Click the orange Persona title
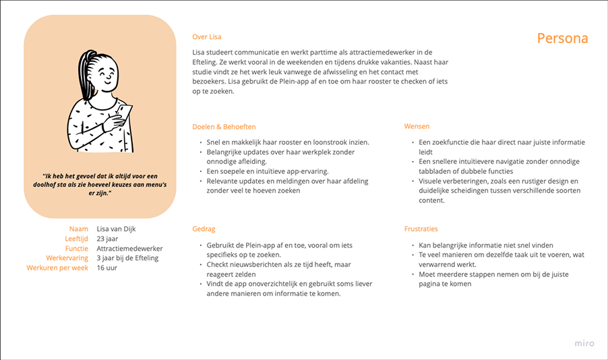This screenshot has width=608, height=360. coord(562,38)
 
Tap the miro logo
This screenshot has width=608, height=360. coord(584,343)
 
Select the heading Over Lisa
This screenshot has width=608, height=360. coord(206,37)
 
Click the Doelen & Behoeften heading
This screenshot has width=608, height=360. coord(224,127)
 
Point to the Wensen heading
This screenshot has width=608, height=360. coord(417,127)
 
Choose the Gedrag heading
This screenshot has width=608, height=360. coord(204,229)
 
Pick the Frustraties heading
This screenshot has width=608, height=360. coord(422,229)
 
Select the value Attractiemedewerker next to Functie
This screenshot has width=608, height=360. coord(130,249)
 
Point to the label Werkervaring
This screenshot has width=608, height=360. coord(68,258)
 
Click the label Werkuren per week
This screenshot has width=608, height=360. coord(57,268)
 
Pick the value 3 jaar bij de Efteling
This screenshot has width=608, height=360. coord(128,258)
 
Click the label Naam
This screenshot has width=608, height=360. coord(79,230)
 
